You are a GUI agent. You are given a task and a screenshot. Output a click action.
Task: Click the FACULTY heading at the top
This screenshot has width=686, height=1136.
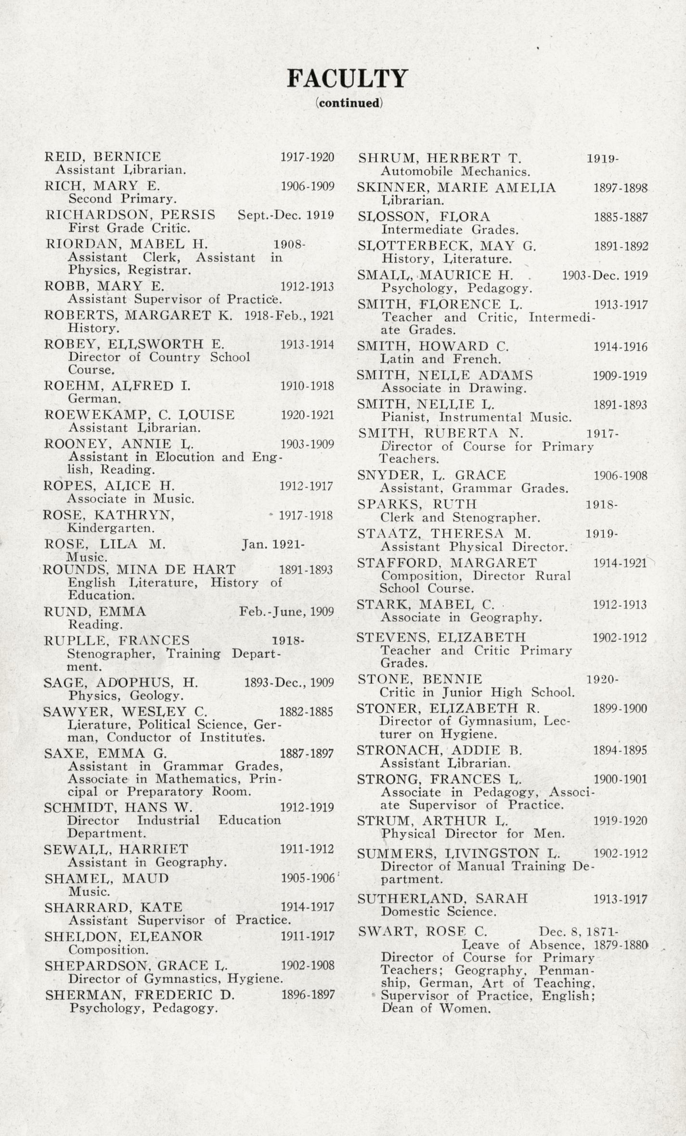coord(347,78)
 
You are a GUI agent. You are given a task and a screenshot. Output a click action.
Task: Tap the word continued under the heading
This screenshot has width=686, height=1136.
coord(349,103)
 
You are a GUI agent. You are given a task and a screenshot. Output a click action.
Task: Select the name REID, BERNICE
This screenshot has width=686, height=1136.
coord(103,156)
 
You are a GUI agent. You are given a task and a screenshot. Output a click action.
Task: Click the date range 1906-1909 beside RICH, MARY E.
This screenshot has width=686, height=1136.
coord(307,186)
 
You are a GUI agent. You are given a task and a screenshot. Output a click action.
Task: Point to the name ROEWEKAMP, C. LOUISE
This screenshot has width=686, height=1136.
coord(139,415)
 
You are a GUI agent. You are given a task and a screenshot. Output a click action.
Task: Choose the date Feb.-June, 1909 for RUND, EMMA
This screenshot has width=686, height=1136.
coord(286,612)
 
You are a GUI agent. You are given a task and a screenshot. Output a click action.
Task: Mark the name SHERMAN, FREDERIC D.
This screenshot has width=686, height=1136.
coord(140,995)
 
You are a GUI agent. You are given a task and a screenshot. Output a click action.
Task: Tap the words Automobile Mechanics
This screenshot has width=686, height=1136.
coord(455,171)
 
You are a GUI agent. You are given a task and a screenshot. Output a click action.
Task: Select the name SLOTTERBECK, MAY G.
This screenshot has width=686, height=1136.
coord(446,246)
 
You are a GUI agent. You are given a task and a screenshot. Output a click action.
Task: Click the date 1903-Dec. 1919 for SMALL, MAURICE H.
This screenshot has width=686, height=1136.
coord(605,276)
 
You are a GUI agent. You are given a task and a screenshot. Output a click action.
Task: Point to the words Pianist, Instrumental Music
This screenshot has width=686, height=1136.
coord(476,417)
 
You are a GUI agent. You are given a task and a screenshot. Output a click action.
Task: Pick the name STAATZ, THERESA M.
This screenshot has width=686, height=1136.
coord(444,534)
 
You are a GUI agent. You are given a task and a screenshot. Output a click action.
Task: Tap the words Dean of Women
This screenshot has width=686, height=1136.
coord(436,1008)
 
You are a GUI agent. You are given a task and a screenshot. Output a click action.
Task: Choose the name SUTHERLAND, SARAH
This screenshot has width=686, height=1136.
coord(442,898)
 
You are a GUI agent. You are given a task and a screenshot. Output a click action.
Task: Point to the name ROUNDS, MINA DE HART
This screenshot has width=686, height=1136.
coord(139,570)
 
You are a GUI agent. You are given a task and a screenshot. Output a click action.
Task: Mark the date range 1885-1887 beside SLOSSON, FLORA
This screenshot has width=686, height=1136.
coord(621,217)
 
